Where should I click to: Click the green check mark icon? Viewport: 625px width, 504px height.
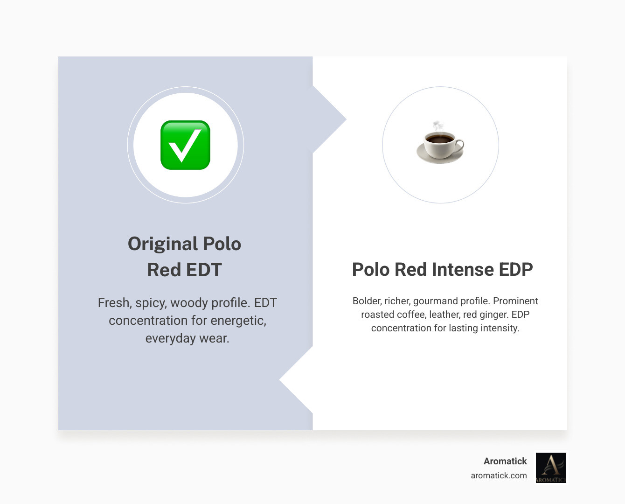(185, 145)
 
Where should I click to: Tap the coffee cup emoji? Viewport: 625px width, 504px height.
(440, 146)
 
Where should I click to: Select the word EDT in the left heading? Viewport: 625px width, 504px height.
(204, 270)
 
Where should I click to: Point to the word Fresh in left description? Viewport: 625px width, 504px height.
(113, 303)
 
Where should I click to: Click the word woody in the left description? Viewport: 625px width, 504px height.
(189, 303)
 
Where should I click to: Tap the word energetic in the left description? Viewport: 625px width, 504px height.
(238, 321)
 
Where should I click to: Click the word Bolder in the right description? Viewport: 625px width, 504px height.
(367, 301)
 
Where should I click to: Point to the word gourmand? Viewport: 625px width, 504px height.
(435, 301)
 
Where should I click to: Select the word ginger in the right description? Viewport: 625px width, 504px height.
(494, 315)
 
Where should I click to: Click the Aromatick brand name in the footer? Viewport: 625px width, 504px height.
(505, 461)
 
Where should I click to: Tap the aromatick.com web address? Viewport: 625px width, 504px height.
(499, 476)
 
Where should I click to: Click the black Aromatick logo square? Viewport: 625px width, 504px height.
(551, 468)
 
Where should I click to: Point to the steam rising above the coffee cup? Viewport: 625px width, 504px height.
(437, 126)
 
